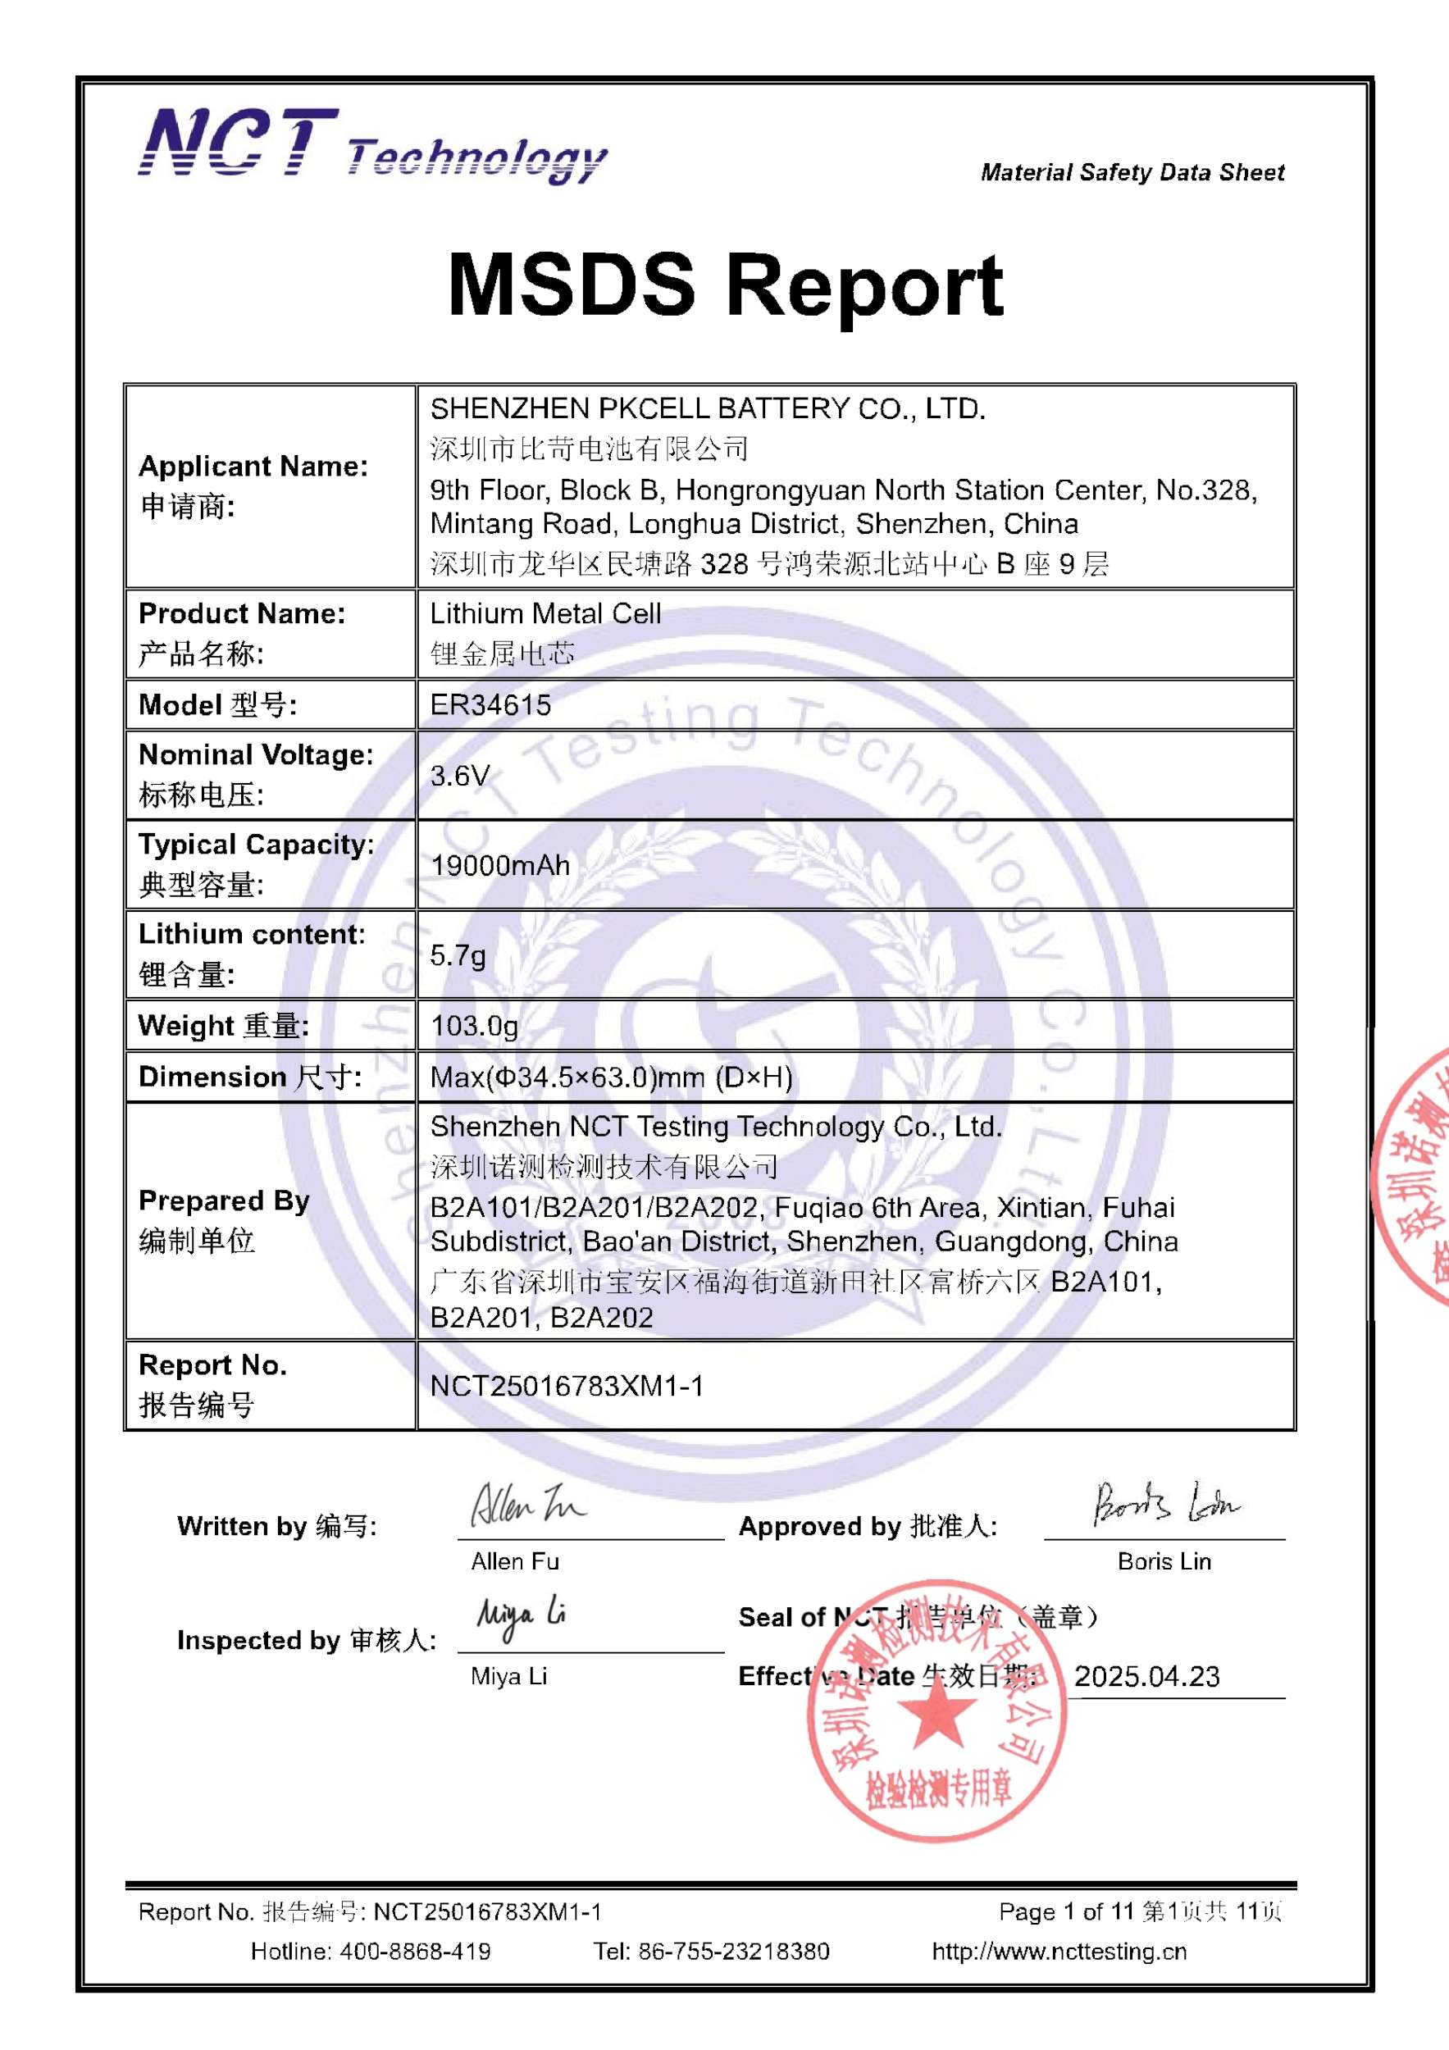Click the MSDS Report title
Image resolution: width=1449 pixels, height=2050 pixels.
coord(725,285)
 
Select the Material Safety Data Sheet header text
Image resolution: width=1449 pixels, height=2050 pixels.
coord(1132,172)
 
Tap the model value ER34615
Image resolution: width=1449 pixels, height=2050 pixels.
coord(490,705)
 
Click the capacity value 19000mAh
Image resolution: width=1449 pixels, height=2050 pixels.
coord(499,865)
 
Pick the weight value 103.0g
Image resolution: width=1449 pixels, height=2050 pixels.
coord(473,1025)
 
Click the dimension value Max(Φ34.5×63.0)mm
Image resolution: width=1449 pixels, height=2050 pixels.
coord(611,1077)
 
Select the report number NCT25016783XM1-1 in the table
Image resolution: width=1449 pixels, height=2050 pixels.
coord(566,1386)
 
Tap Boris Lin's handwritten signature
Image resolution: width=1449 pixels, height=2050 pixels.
coord(1165,1505)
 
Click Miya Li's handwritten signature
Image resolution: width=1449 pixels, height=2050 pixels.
coord(521,1617)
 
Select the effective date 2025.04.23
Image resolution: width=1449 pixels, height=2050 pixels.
coord(1146,1676)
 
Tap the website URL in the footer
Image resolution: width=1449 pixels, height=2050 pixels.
coord(1059,1952)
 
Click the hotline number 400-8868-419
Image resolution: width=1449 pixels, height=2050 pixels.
coord(414,1952)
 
